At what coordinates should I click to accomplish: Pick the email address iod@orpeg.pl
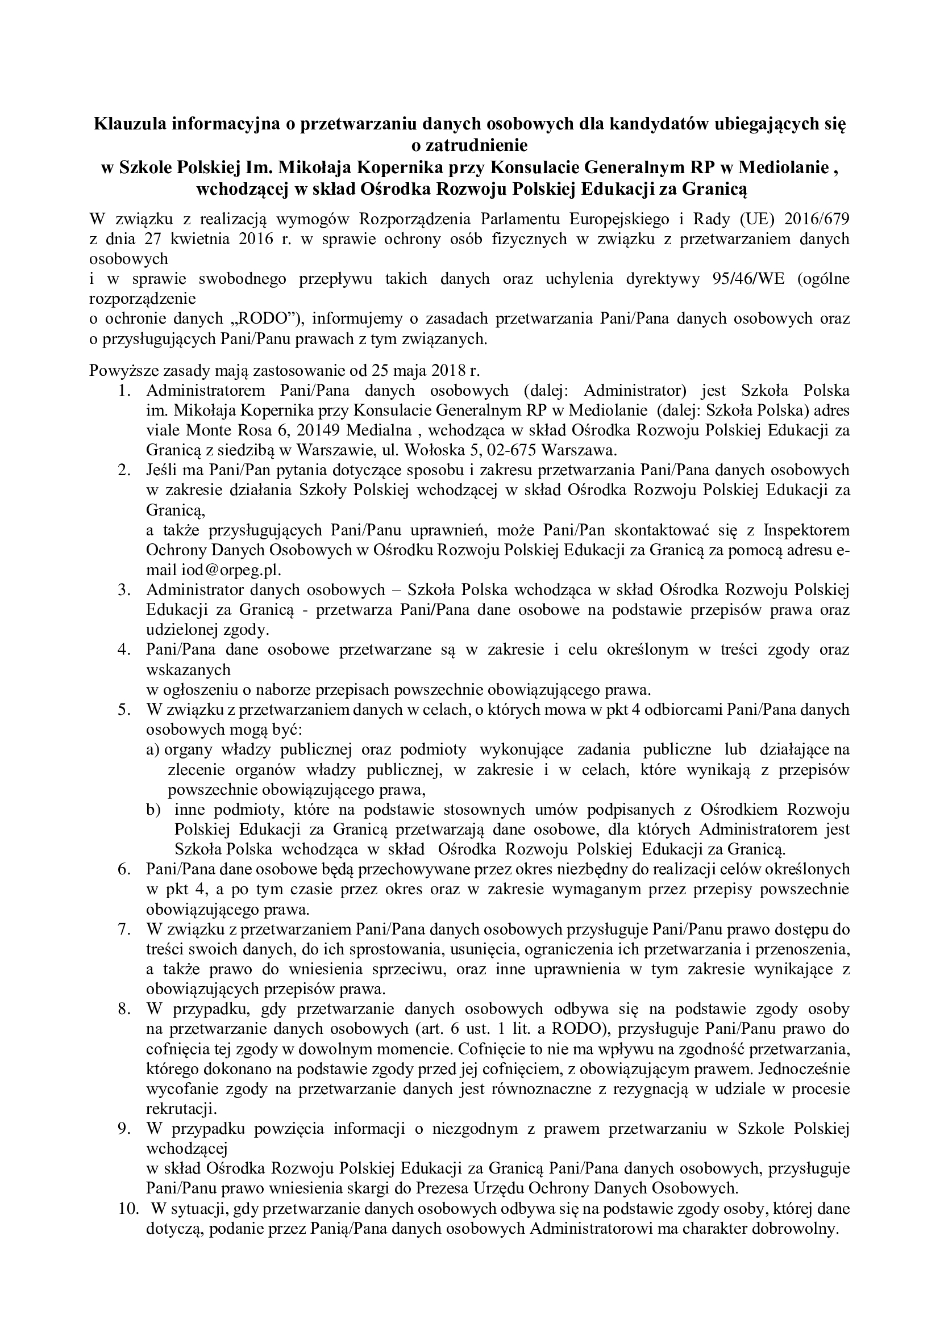tap(223, 569)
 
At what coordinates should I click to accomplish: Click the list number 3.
tap(123, 590)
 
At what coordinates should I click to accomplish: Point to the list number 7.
tap(123, 929)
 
